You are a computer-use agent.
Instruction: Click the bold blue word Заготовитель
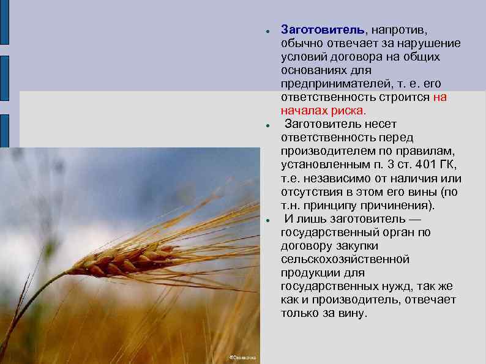point(322,29)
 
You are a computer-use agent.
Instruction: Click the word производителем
point(325,151)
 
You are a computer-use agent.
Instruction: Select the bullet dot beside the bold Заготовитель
point(267,30)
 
